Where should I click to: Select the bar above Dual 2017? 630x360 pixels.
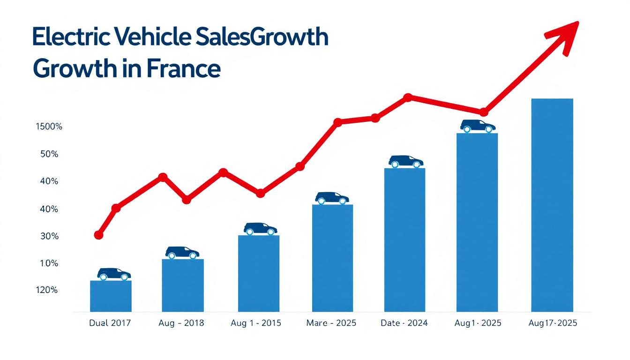click(x=111, y=296)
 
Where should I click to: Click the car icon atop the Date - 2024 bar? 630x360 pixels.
click(x=405, y=161)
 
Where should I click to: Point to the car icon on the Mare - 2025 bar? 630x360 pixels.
click(x=332, y=198)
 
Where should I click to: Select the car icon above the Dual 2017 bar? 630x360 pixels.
click(x=114, y=274)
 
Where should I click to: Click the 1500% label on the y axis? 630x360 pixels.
click(x=49, y=127)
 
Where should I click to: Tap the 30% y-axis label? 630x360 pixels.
click(x=49, y=237)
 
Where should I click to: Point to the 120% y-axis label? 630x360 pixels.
click(x=46, y=290)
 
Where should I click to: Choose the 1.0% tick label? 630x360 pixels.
click(x=49, y=264)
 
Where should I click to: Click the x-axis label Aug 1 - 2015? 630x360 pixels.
click(x=256, y=323)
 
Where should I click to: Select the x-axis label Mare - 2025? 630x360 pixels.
click(x=331, y=323)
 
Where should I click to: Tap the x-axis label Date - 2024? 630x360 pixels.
click(x=405, y=323)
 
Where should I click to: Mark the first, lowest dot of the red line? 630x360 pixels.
click(x=98, y=235)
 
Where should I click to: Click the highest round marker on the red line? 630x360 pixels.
click(x=408, y=97)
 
